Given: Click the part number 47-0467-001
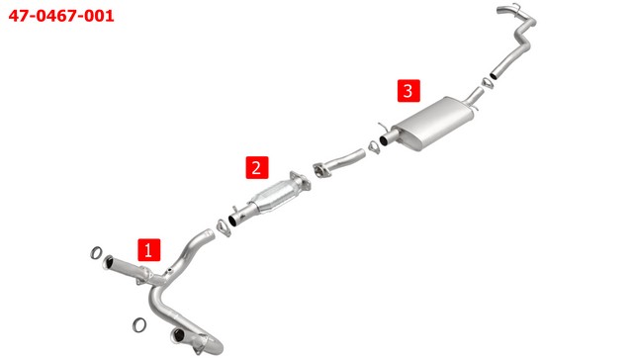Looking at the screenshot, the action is coord(61,16).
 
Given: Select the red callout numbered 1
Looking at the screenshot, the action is coord(149,250).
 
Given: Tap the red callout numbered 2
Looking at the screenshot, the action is coord(257,167).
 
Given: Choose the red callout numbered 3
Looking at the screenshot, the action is coord(408,91).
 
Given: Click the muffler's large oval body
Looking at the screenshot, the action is coord(433,123).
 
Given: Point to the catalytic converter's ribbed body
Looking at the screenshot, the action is coord(275,196).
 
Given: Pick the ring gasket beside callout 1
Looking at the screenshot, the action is coord(96,253).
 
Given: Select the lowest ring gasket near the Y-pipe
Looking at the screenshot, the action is coord(139,324).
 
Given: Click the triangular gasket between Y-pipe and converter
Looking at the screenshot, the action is coord(224,227).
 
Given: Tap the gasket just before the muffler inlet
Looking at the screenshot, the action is coord(374,147).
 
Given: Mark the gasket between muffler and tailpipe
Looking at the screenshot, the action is coord(488,82).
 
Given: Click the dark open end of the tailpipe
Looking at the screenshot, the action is coord(494,75).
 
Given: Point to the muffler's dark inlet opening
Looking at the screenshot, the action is coord(384,139).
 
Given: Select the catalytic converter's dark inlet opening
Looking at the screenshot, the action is coord(233,221).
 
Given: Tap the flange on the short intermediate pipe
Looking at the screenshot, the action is coord(321,171).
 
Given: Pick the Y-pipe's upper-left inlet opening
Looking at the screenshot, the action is coord(109,262).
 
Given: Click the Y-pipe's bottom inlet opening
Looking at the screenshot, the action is coord(177,334).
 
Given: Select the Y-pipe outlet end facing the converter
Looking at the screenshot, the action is coord(210,233).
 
